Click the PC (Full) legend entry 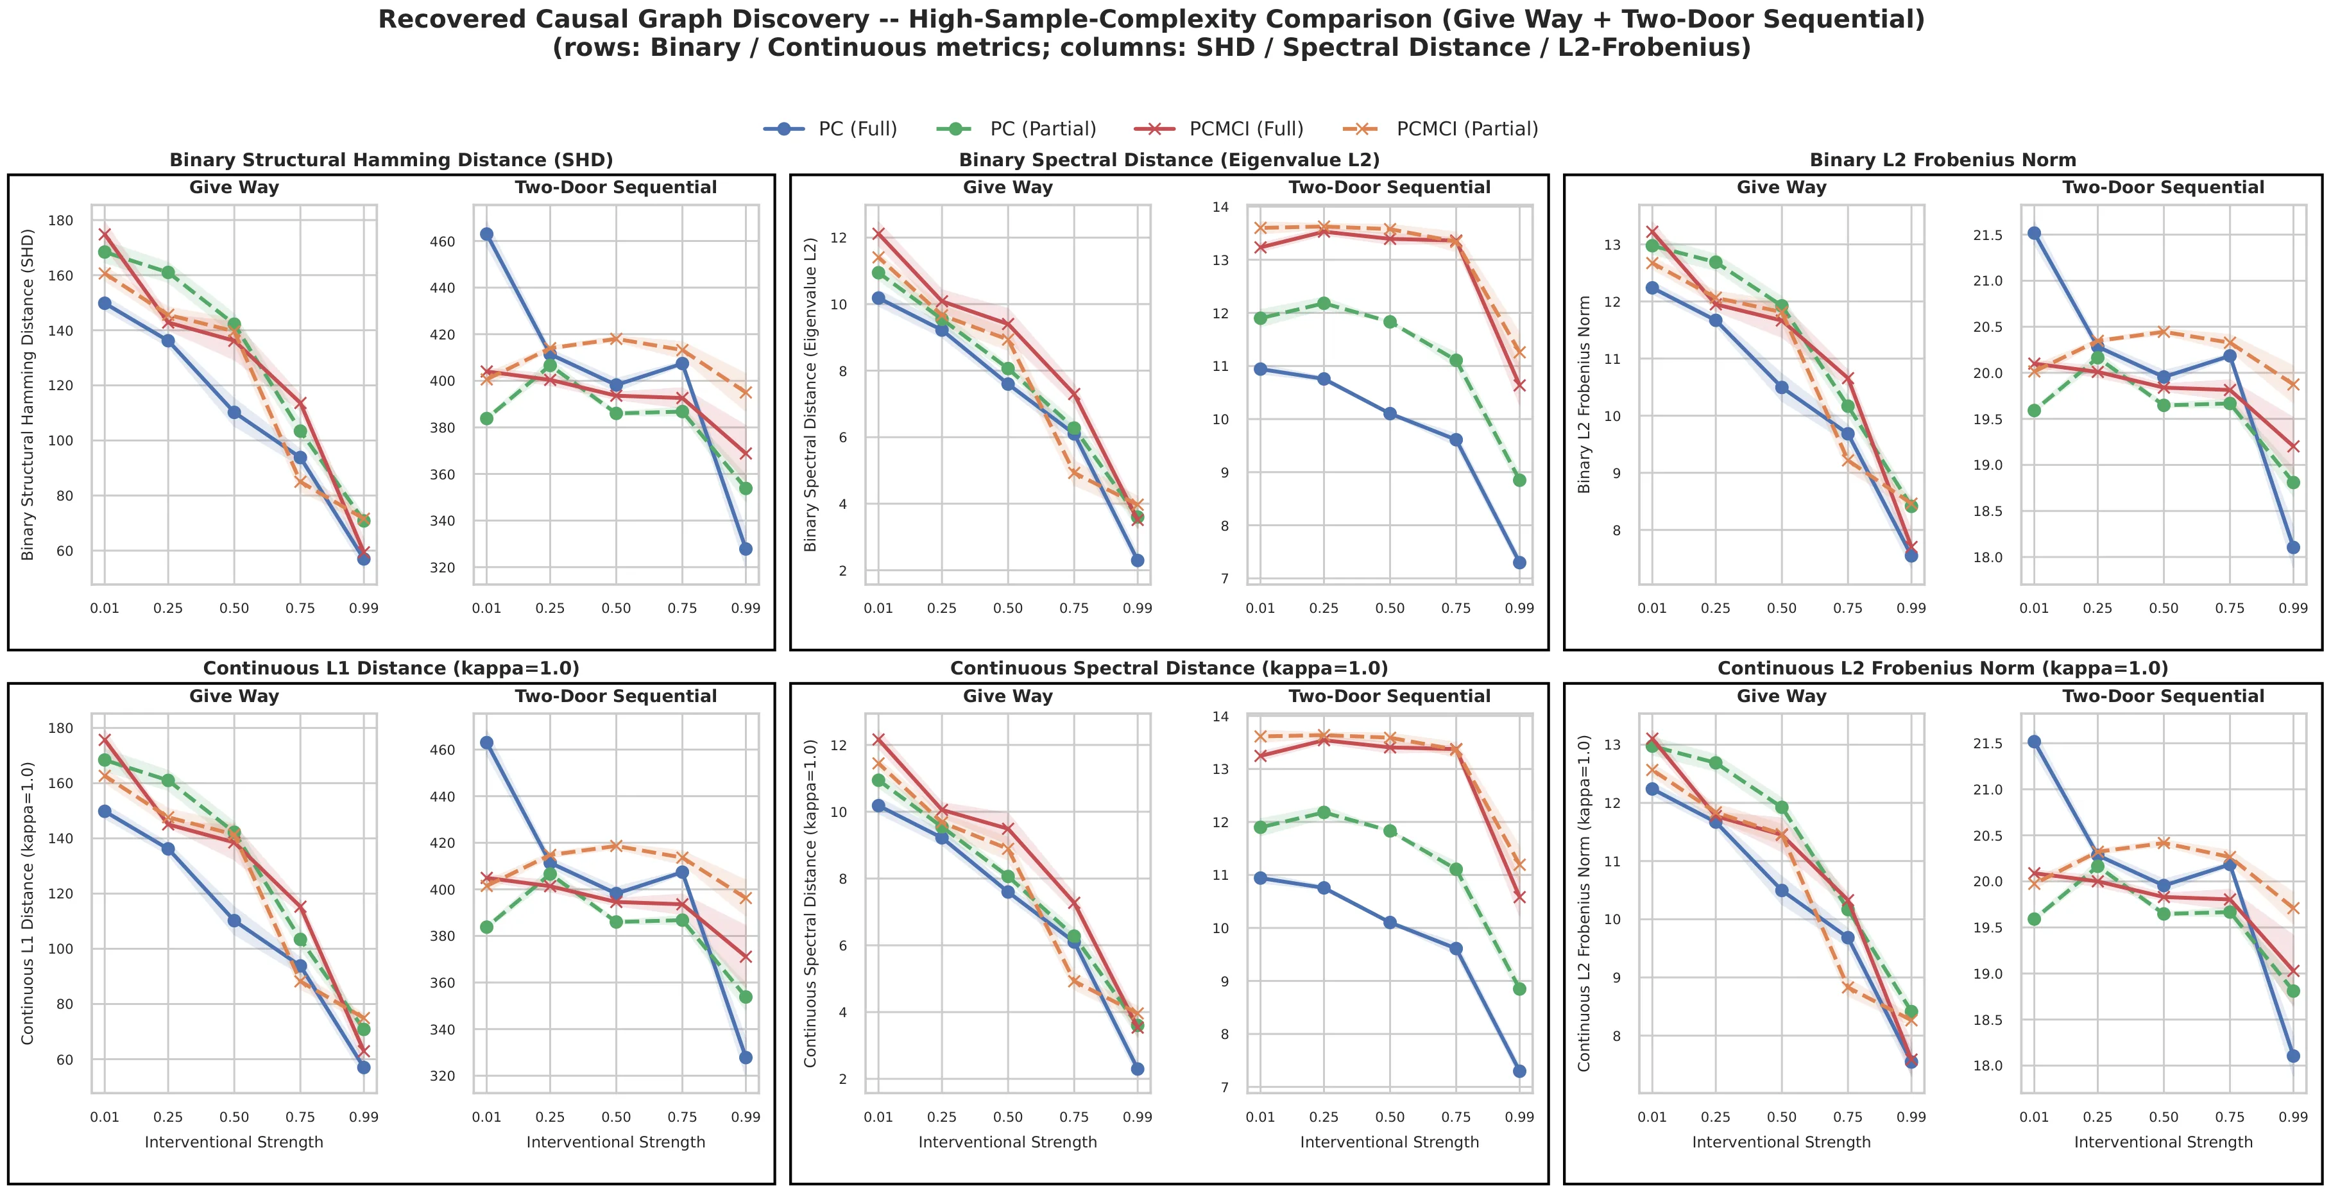point(831,128)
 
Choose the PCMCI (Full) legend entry point(1219,128)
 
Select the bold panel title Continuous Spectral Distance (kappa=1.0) point(1169,669)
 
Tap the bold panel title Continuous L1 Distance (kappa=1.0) point(392,669)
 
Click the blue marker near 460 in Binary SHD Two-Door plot point(487,234)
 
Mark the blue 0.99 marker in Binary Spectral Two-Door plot point(1519,563)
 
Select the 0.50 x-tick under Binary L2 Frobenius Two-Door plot point(2164,608)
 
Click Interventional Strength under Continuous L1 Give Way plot point(234,1142)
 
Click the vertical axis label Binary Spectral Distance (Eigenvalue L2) point(811,395)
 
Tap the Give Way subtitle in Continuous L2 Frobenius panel point(1782,697)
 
